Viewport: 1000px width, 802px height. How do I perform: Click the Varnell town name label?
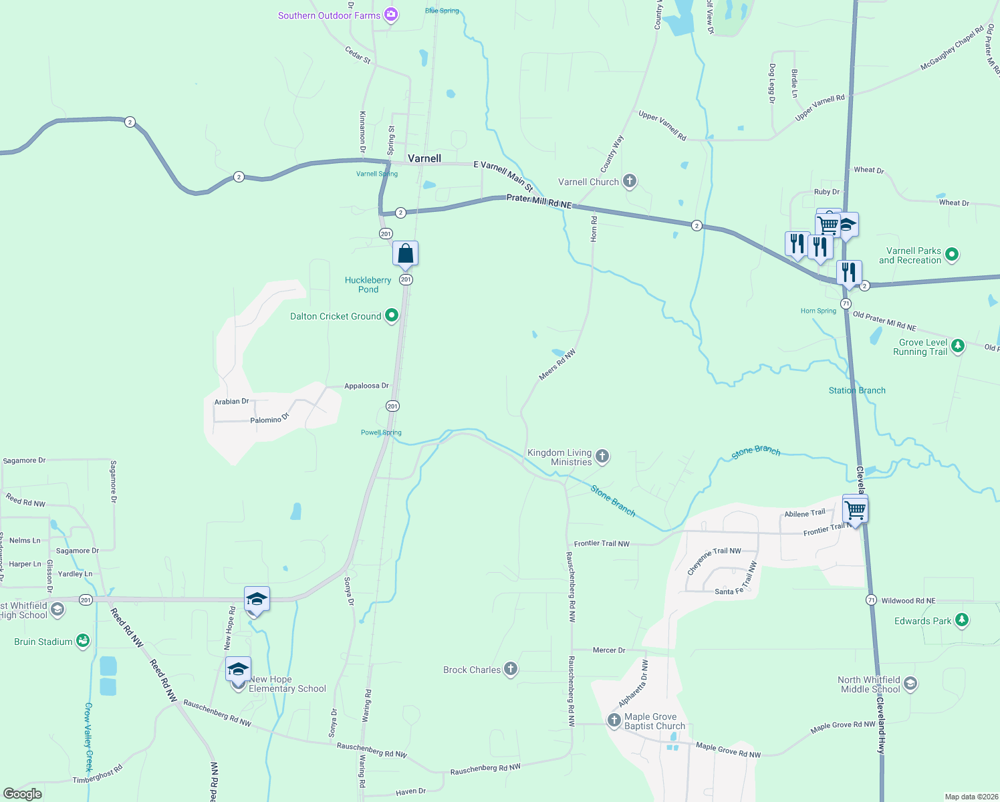(424, 158)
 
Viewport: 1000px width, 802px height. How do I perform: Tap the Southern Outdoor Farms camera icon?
(392, 15)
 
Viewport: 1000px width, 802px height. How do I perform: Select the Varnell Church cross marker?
(629, 181)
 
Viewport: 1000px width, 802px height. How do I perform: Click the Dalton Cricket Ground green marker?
(392, 315)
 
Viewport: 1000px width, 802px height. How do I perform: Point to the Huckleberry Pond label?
(368, 285)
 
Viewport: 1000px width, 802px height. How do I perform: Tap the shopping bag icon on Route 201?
(405, 254)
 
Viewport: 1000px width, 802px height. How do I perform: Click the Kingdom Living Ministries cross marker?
(602, 456)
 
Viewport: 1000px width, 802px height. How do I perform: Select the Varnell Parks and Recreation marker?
(952, 255)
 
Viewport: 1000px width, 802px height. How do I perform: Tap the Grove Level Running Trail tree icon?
(958, 346)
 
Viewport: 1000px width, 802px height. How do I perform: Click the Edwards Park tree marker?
(962, 620)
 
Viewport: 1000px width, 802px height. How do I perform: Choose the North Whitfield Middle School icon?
(910, 683)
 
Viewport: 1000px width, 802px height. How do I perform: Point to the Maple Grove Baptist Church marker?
(614, 720)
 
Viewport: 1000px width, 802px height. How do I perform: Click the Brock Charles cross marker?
(511, 669)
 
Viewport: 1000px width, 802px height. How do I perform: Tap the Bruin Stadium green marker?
(83, 641)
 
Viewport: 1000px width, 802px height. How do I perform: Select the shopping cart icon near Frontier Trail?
(856, 510)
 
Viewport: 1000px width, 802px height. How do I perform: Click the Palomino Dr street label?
(270, 419)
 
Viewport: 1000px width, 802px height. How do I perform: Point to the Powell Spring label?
(381, 432)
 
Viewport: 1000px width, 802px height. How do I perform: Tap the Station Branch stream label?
(857, 390)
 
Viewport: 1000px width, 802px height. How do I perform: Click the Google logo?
(23, 793)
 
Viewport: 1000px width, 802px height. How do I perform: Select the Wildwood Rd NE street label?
(908, 601)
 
